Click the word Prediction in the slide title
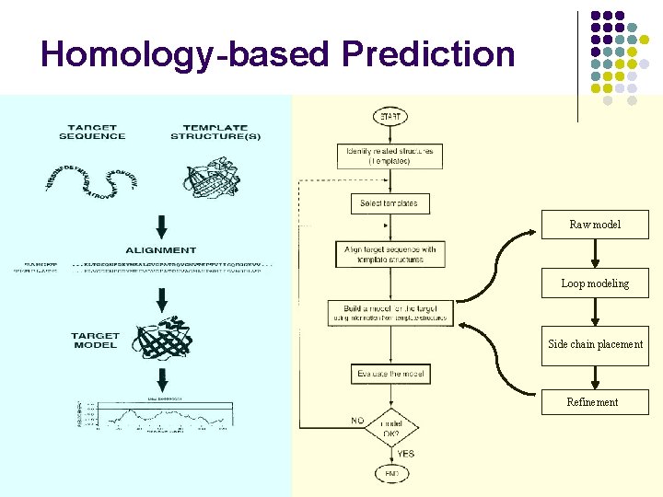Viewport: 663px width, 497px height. coord(428,53)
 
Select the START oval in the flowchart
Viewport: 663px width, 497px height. coord(390,117)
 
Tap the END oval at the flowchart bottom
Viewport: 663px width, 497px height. coord(390,473)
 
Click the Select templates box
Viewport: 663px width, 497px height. coord(390,203)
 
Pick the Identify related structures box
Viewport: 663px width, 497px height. coord(390,155)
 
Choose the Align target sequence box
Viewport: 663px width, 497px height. coord(390,255)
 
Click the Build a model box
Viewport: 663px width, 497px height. coord(390,313)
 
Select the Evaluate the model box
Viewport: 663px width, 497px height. coord(390,374)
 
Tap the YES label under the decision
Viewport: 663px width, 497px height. coord(405,453)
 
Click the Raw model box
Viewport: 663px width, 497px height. coord(595,225)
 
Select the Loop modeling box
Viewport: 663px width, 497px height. coord(595,283)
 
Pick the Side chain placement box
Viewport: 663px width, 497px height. coord(595,344)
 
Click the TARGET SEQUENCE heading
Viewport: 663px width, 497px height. coord(92,132)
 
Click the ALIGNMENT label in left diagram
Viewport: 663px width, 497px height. coord(161,249)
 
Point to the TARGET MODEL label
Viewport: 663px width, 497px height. coord(95,341)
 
